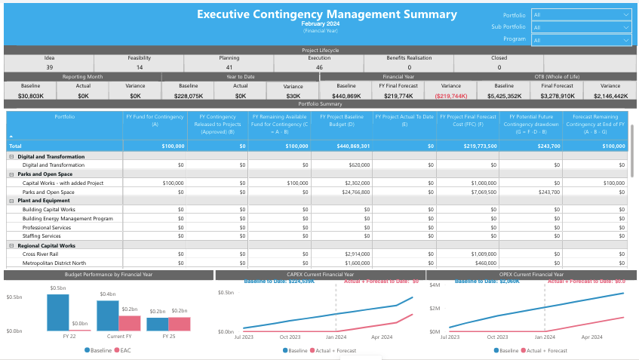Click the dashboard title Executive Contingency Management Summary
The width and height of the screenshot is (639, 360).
coord(327,14)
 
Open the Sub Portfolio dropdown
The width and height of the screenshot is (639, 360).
coord(581,27)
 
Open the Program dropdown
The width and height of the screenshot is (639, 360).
coord(581,40)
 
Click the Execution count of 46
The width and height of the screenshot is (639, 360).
coord(319,67)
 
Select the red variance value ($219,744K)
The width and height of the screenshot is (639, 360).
coord(450,96)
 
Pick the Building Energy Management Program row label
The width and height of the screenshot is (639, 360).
coord(67,218)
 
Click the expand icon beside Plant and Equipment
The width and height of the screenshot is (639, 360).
coord(11,201)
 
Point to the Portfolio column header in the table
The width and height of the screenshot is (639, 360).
coord(64,117)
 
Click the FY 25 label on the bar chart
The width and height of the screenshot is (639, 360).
coord(168,337)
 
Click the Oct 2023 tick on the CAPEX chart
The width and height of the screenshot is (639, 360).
coord(289,337)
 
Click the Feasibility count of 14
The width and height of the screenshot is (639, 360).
coord(140,67)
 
